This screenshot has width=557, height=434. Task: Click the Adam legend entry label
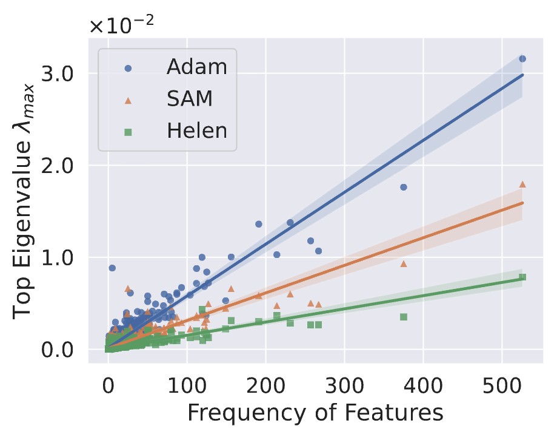tap(197, 66)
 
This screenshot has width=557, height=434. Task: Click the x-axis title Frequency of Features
tap(315, 413)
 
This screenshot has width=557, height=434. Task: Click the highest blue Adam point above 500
tap(522, 59)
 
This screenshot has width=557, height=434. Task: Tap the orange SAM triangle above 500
tap(522, 184)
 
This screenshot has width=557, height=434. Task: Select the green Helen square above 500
tap(522, 277)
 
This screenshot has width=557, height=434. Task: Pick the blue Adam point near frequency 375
tap(404, 187)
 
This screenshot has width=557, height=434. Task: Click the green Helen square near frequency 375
tap(404, 317)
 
